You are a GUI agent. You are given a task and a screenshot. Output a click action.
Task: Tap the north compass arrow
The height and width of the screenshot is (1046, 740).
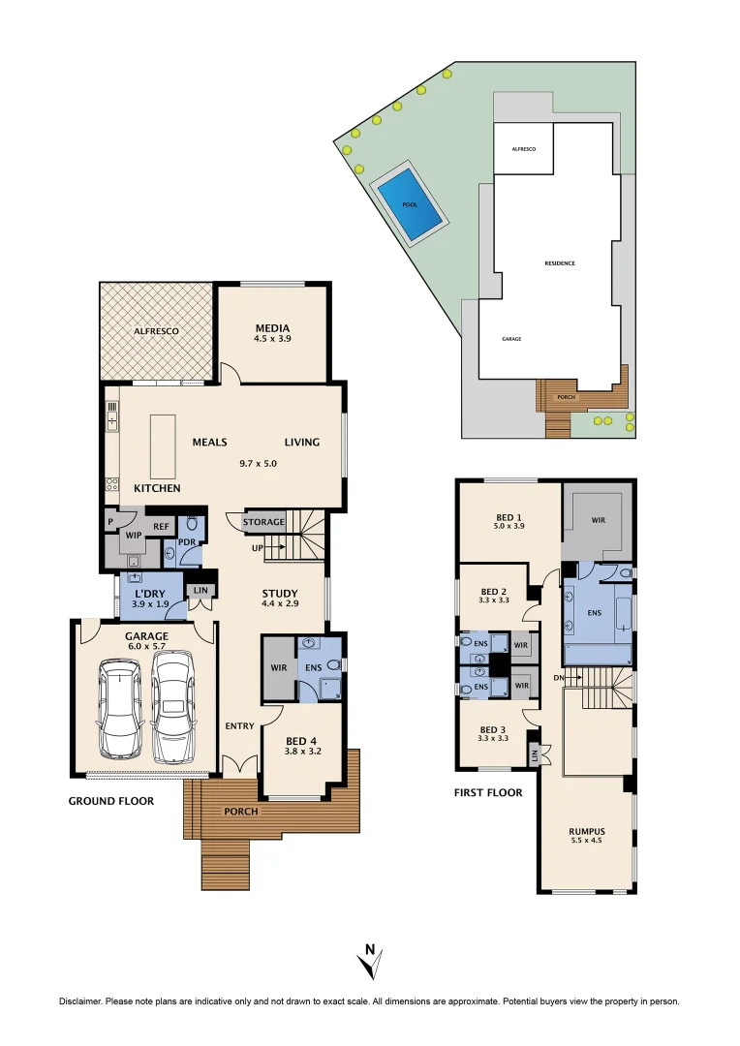click(369, 961)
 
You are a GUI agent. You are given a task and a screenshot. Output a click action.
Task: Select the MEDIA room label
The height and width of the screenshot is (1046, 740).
click(272, 327)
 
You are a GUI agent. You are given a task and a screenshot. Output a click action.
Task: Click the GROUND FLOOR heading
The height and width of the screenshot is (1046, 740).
click(110, 801)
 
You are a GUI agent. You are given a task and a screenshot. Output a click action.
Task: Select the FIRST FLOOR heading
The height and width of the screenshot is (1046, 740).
click(488, 792)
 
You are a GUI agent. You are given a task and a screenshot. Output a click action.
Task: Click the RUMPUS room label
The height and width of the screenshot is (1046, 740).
click(587, 831)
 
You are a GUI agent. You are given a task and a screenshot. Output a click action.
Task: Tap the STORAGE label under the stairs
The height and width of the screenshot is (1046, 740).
click(263, 522)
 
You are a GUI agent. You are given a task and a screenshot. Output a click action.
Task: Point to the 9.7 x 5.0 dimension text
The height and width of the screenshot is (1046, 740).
click(259, 463)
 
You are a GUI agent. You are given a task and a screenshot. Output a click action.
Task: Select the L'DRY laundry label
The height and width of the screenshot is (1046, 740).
click(149, 593)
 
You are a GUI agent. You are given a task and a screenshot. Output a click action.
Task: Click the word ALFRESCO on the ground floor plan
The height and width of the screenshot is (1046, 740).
click(156, 331)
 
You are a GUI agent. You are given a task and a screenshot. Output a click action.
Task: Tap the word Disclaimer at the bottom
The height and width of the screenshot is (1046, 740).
click(81, 1001)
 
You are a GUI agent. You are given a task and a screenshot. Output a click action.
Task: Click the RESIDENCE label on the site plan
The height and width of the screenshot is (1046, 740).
click(559, 263)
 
